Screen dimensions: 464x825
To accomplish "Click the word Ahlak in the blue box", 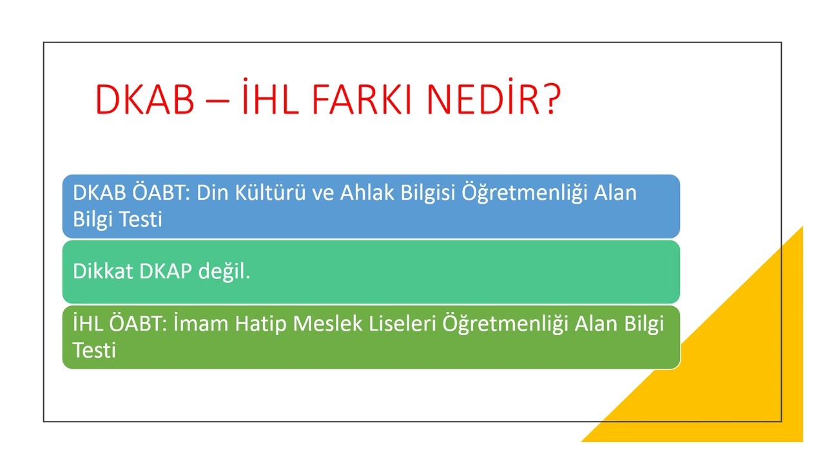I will (363, 193).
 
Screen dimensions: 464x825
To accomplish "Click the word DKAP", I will (166, 271).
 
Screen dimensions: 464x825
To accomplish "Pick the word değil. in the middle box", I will (224, 272).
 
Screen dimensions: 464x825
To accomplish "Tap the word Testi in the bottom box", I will (94, 350).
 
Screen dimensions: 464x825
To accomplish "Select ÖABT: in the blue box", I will (162, 193).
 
